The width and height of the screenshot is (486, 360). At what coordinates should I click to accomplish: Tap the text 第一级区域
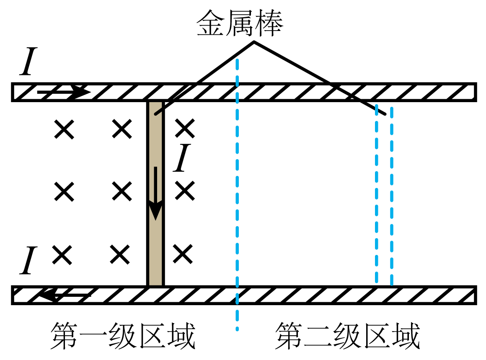(x=123, y=336)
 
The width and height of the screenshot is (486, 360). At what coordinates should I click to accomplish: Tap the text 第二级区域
(x=347, y=336)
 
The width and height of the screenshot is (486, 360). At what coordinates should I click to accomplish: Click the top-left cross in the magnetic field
(x=65, y=129)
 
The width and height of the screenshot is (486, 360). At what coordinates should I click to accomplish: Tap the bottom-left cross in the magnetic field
(x=62, y=255)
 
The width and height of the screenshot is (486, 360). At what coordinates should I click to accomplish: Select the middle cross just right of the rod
(x=185, y=191)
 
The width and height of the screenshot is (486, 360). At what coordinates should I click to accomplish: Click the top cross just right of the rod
(x=185, y=129)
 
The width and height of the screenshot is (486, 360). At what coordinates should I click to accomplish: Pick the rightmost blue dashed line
(x=391, y=197)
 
